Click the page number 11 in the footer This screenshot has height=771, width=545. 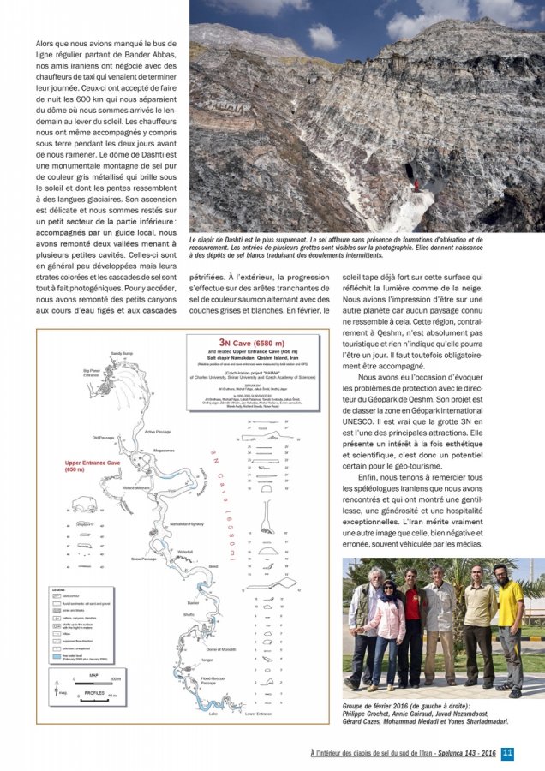[x=507, y=753]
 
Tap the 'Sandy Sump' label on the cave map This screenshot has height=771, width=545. [x=122, y=353]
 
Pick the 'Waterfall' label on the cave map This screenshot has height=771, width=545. [x=184, y=552]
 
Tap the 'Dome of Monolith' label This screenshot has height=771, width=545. [x=220, y=649]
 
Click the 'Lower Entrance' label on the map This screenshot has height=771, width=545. [x=258, y=713]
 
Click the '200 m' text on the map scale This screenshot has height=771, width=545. [x=115, y=678]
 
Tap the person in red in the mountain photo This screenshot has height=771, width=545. [x=417, y=183]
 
